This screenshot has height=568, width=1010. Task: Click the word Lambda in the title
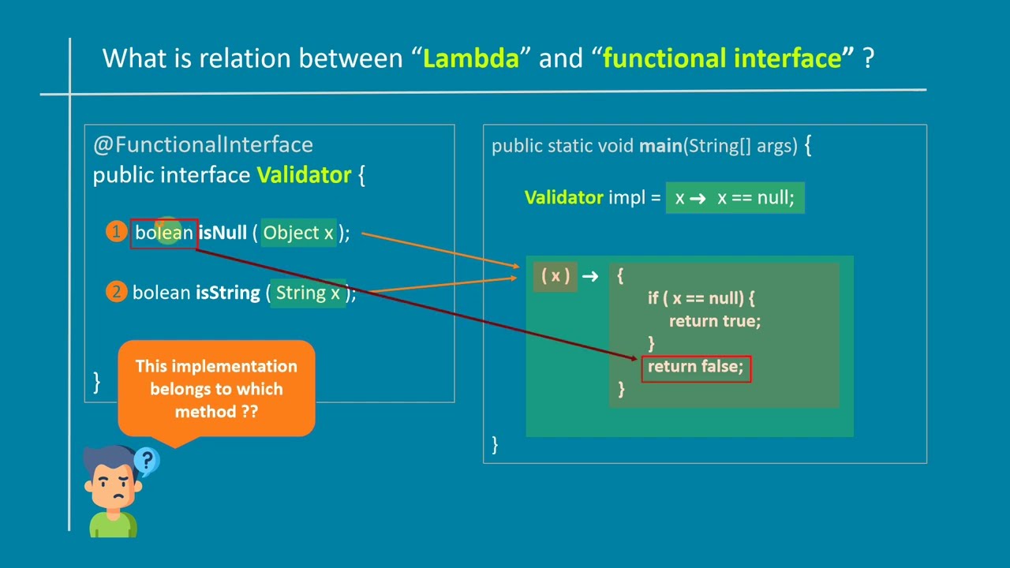(x=471, y=58)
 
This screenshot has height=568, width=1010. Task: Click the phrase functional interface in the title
(x=722, y=58)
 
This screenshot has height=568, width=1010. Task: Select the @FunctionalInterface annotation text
(x=203, y=144)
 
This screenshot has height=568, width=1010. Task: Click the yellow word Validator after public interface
(x=304, y=175)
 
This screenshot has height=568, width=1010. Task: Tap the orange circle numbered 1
(x=116, y=232)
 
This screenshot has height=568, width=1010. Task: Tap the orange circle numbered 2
(x=116, y=292)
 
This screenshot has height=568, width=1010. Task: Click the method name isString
(x=227, y=293)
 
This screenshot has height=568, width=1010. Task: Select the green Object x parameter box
(x=298, y=233)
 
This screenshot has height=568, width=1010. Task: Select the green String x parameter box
(x=308, y=293)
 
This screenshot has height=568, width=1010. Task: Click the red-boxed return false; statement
(x=695, y=367)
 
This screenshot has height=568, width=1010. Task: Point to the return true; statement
(x=714, y=321)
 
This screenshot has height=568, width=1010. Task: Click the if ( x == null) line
(x=701, y=298)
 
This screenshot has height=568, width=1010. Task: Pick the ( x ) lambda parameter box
(x=555, y=275)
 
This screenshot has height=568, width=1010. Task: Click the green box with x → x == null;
(x=735, y=198)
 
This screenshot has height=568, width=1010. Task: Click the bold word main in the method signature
(x=660, y=146)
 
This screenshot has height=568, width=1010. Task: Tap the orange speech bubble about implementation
(x=216, y=388)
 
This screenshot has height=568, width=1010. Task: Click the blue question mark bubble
(x=147, y=460)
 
